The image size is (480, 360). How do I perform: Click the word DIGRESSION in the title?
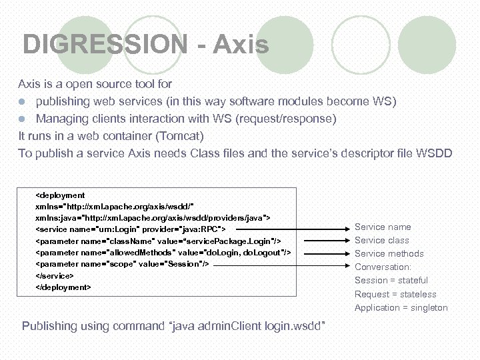105,45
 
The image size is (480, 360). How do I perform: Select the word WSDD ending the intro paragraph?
434,153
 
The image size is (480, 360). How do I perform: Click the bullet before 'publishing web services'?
22,102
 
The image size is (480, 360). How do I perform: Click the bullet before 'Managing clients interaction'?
22,119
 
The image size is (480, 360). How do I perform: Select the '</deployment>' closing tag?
63,287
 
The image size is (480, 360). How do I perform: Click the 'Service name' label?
383,227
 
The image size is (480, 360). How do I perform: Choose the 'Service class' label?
382,241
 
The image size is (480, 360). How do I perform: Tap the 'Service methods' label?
389,254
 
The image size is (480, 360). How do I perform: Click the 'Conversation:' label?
383,267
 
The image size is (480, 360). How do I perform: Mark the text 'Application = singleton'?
401,308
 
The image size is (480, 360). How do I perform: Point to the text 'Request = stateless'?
395,295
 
